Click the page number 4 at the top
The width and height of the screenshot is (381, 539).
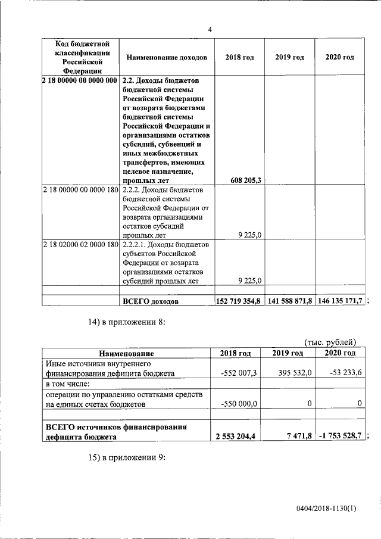pyautogui.click(x=210, y=29)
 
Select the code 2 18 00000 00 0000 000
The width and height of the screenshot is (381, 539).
pyautogui.click(x=80, y=80)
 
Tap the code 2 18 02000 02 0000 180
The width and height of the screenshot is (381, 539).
pyautogui.click(x=80, y=245)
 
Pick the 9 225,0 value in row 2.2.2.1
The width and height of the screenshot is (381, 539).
pyautogui.click(x=250, y=281)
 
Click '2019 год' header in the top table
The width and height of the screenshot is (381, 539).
pyautogui.click(x=289, y=57)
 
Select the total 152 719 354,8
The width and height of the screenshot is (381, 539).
pyautogui.click(x=239, y=301)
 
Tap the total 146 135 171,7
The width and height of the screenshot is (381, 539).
pyautogui.click(x=340, y=301)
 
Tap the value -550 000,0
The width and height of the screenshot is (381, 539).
pyautogui.click(x=238, y=404)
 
